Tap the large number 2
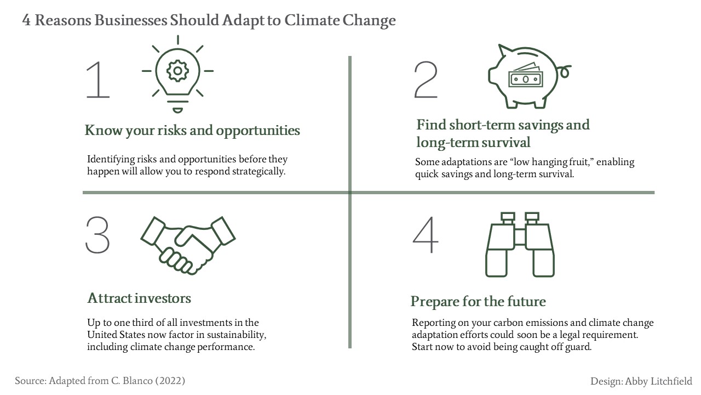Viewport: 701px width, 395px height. tap(426, 80)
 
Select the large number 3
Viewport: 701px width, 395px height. tap(97, 235)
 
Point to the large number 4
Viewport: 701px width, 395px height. tap(426, 235)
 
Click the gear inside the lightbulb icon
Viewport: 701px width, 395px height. tap(177, 71)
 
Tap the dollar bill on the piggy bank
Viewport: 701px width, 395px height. tap(526, 76)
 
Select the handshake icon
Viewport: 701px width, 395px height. tap(188, 245)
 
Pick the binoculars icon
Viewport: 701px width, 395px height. tap(520, 245)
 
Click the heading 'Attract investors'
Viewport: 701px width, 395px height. tap(139, 298)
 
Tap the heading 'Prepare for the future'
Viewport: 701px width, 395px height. tap(478, 302)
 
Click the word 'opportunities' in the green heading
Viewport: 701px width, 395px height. tap(258, 131)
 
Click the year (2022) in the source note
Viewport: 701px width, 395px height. tap(170, 381)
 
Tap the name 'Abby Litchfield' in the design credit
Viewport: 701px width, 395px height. tap(658, 381)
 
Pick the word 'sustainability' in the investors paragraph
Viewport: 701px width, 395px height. tap(236, 335)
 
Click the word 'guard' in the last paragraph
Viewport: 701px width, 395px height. tap(578, 347)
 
